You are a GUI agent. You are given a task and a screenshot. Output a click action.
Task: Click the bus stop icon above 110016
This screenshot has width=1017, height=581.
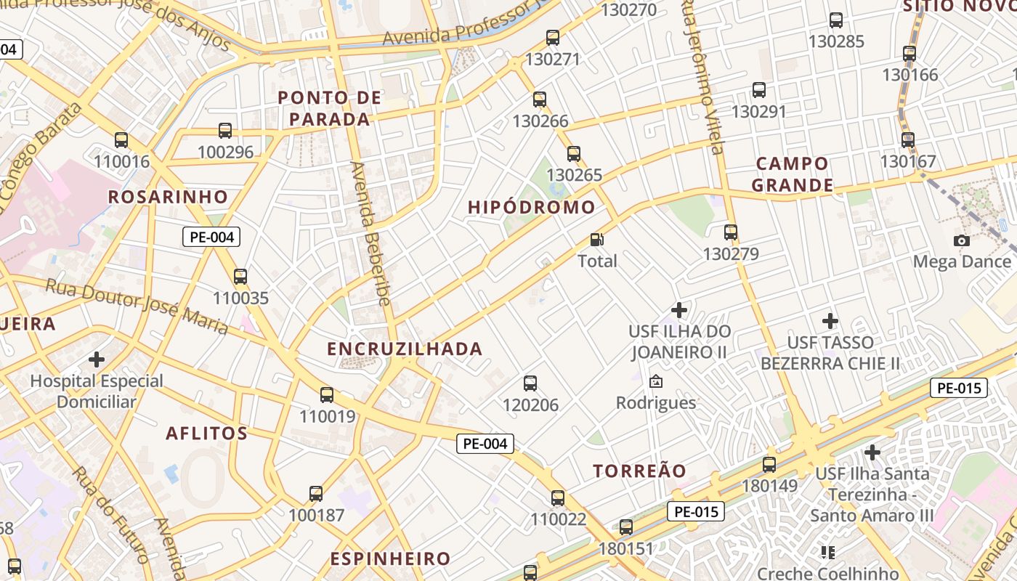(x=121, y=139)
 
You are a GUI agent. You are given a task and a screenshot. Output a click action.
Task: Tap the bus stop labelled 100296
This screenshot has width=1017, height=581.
(x=225, y=131)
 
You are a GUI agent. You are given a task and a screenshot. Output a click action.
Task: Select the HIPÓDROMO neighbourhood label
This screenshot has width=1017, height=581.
(x=532, y=207)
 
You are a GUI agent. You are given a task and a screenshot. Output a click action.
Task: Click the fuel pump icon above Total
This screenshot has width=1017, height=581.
(x=597, y=239)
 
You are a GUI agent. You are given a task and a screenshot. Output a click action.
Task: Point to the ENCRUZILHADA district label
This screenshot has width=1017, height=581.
(x=405, y=349)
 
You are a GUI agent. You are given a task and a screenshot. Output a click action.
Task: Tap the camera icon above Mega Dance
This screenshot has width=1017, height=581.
(x=962, y=240)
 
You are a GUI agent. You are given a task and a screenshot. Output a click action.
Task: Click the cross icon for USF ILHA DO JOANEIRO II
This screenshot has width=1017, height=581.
(x=678, y=310)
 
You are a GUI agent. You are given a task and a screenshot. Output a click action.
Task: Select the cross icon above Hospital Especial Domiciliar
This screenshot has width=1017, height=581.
(x=97, y=359)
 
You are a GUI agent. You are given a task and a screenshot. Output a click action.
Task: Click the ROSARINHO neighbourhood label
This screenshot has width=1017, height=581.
(x=168, y=197)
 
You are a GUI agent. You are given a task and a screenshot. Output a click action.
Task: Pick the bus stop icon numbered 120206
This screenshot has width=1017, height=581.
(x=530, y=383)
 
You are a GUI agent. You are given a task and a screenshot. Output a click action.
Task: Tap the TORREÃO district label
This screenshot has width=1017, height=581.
(x=639, y=471)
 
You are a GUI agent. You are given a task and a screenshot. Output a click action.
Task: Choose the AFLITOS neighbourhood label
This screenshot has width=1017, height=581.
(x=207, y=434)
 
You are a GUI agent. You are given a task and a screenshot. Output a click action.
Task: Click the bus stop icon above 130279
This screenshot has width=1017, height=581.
(x=731, y=232)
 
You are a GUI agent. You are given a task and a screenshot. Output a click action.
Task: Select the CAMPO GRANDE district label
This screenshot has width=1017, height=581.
(x=793, y=174)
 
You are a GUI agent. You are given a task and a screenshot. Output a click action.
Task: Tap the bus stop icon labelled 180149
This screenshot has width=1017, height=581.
(x=769, y=465)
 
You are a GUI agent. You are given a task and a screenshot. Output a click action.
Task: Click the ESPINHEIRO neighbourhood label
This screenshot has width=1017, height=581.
(x=390, y=558)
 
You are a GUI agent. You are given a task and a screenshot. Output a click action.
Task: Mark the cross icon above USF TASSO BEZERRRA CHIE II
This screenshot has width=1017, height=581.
(x=830, y=320)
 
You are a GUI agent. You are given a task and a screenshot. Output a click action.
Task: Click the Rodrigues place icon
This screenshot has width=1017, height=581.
(x=656, y=381)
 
